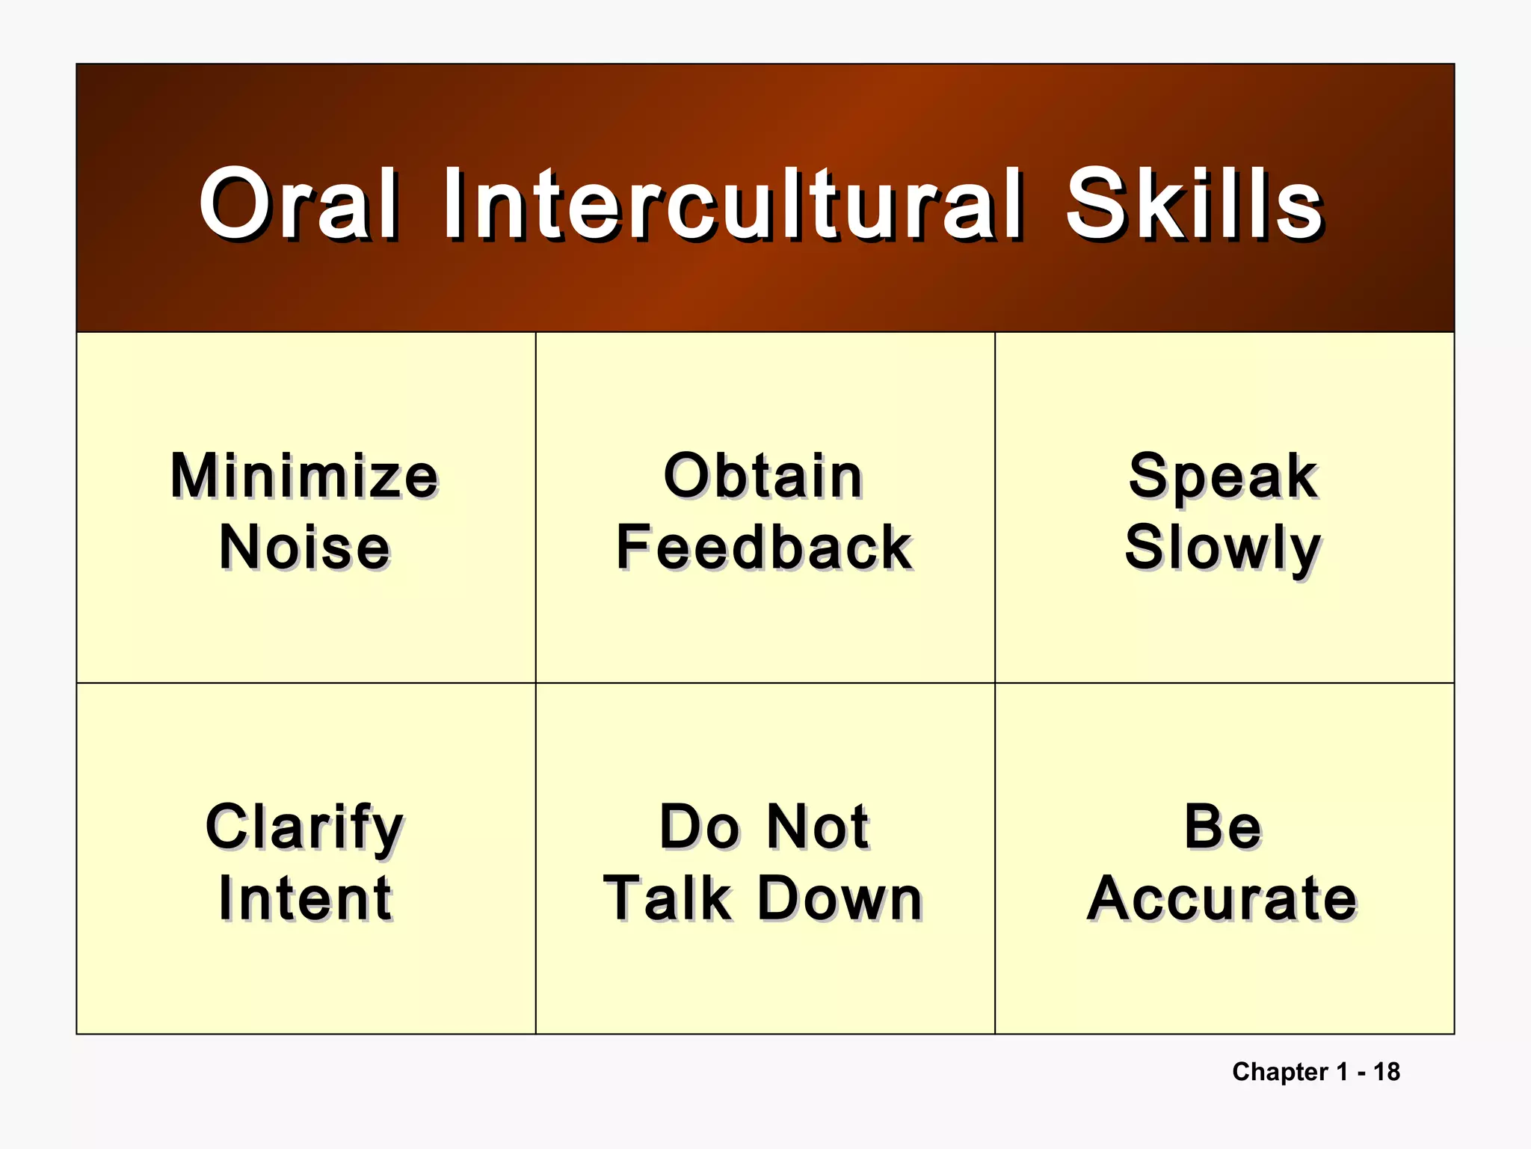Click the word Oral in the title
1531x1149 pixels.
(x=298, y=203)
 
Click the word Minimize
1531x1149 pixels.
(x=304, y=476)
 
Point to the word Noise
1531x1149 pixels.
(x=304, y=548)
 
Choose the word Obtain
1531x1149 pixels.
(x=763, y=476)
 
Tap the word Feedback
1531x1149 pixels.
(x=763, y=548)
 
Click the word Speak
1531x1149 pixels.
(x=1223, y=477)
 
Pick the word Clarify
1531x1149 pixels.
(x=304, y=827)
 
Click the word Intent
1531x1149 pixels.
(x=304, y=898)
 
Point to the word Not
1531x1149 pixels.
(x=818, y=827)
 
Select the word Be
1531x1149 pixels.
(x=1223, y=827)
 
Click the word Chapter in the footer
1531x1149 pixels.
(x=1280, y=1072)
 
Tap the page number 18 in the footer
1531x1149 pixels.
(x=1387, y=1072)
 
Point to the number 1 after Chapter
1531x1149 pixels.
(x=1342, y=1072)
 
